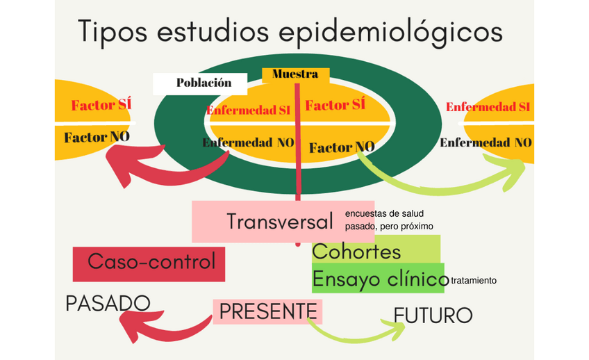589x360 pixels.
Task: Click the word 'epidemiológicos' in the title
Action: [x=390, y=31]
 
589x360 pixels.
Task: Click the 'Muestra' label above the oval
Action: [x=295, y=74]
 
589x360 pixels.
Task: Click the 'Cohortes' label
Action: [x=357, y=251]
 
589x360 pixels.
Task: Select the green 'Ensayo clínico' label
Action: [x=379, y=279]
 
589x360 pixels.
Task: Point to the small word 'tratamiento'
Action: [x=474, y=281]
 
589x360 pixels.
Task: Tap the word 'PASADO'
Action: [x=108, y=303]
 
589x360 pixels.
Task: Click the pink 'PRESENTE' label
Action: [x=268, y=311]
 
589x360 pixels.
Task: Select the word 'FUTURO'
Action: [x=433, y=316]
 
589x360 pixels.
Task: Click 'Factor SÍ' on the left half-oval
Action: [x=101, y=106]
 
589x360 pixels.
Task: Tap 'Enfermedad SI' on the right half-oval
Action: [x=488, y=107]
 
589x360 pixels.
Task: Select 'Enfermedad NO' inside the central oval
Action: [x=248, y=142]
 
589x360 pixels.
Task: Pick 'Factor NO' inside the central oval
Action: [x=342, y=147]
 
